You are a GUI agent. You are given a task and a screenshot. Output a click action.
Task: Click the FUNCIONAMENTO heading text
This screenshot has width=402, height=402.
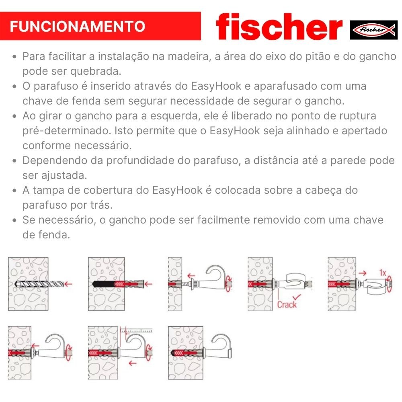pos(77,27)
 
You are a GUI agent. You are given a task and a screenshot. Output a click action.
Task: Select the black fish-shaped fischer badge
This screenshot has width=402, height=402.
pos(373,30)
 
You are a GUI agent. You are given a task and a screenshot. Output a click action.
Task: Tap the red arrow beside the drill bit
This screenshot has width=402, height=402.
pos(68,284)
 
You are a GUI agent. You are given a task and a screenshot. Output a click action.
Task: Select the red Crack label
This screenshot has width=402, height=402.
pos(287,304)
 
